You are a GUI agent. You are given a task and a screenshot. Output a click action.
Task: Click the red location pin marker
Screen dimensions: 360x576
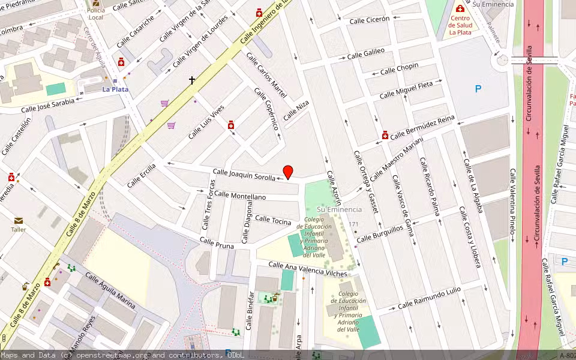(x=288, y=172)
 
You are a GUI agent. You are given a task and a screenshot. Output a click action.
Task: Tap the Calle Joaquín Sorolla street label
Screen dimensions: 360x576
(x=244, y=175)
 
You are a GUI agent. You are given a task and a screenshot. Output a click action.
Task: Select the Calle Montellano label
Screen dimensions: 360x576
(x=240, y=196)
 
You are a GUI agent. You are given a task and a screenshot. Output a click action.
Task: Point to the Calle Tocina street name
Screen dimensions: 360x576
(x=272, y=219)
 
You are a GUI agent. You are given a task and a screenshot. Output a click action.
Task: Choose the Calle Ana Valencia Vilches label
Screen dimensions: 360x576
(x=307, y=269)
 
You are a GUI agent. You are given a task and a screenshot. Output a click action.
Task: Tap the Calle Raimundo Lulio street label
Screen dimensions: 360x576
(x=429, y=298)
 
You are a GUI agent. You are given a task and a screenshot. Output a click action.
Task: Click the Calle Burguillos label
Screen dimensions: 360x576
(x=380, y=235)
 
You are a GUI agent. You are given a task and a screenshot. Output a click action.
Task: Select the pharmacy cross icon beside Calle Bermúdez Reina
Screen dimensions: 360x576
(x=385, y=136)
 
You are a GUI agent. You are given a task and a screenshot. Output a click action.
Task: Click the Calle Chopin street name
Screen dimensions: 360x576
(x=399, y=69)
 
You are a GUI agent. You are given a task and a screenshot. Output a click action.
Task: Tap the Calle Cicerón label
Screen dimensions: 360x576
(x=369, y=19)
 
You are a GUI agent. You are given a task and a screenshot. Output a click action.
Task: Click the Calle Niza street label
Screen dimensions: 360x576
(x=296, y=111)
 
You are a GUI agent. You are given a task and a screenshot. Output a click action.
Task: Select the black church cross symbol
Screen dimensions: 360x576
(x=193, y=79)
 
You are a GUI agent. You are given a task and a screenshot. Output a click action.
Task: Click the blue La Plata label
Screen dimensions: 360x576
(x=115, y=89)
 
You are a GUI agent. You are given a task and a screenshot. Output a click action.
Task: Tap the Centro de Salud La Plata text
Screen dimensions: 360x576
(x=460, y=25)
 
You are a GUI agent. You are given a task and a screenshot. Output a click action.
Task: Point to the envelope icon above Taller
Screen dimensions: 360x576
(x=19, y=221)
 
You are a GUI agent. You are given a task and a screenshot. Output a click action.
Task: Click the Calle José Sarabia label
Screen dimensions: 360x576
(x=48, y=106)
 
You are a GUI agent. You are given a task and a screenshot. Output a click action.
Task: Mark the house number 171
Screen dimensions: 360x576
(x=354, y=224)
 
